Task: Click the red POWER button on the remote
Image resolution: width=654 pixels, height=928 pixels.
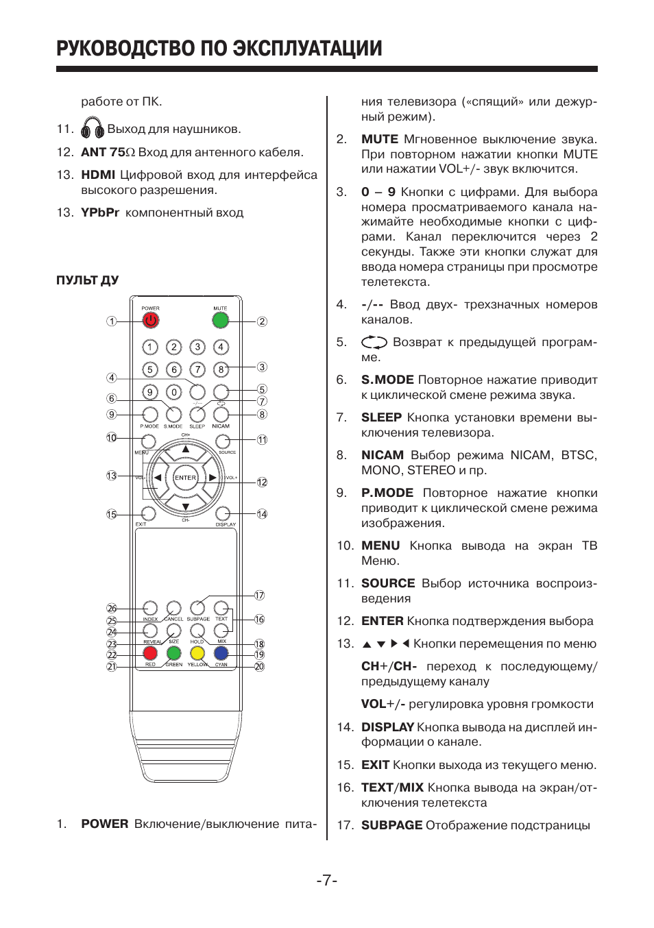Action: [x=150, y=320]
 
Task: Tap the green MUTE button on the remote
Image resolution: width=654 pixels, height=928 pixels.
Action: [x=220, y=320]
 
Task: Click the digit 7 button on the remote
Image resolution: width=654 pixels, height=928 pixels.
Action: [x=197, y=369]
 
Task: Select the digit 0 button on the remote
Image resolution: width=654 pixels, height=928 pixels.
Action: [x=174, y=392]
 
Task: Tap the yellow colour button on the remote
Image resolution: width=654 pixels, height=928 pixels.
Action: [x=197, y=653]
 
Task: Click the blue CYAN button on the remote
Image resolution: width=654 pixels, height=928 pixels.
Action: [x=221, y=653]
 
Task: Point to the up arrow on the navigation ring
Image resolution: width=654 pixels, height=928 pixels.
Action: [x=185, y=450]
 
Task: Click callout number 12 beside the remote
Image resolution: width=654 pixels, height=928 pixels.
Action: [x=262, y=482]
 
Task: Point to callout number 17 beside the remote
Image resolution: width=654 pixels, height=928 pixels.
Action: [x=259, y=595]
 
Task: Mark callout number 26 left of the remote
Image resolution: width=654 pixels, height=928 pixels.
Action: [x=112, y=608]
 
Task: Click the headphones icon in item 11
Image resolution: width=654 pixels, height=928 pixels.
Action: [x=92, y=128]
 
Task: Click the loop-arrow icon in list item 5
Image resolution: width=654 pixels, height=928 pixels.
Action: [x=374, y=342]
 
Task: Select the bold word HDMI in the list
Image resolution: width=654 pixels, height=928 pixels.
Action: [x=98, y=175]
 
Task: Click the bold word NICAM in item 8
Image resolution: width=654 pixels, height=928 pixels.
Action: [x=382, y=455]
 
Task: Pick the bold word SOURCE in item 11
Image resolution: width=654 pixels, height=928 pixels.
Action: [x=388, y=583]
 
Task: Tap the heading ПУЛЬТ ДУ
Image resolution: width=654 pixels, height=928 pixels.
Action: [x=88, y=280]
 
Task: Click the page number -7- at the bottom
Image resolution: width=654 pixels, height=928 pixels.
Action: [x=327, y=880]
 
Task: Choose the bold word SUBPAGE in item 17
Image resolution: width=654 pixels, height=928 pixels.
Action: [x=391, y=825]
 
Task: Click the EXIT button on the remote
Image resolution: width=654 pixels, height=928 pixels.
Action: [x=149, y=513]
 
